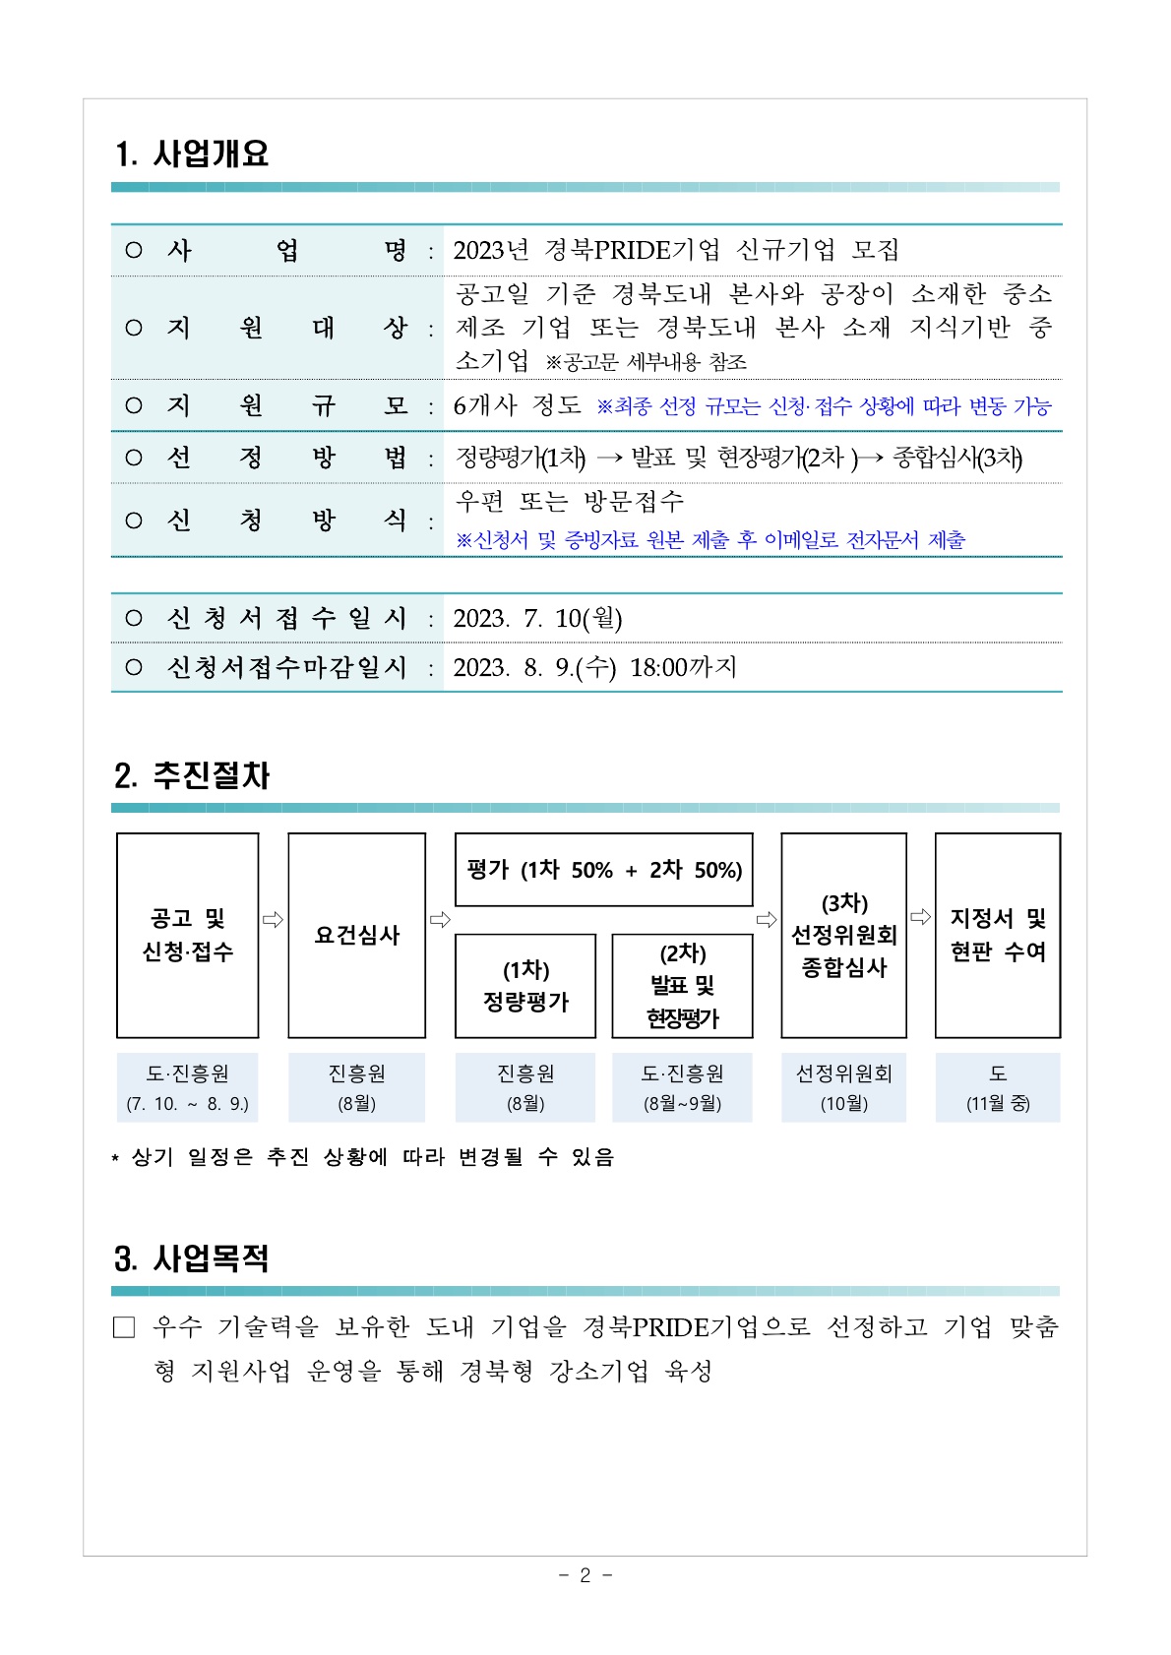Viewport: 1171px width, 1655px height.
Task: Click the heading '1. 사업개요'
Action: [192, 154]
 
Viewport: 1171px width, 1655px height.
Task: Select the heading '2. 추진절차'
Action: [192, 776]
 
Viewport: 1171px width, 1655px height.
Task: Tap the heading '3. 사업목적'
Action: [192, 1259]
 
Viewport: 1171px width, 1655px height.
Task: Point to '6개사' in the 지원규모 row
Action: [484, 405]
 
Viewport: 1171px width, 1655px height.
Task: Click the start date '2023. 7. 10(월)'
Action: [537, 619]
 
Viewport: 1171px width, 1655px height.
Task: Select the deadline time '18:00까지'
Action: [683, 668]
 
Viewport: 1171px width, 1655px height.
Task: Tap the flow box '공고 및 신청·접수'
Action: [187, 935]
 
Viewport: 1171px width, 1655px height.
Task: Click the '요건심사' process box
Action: [356, 935]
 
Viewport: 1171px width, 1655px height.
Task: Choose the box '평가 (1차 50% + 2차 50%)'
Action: [603, 870]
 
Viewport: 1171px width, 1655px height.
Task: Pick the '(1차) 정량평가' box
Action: [525, 986]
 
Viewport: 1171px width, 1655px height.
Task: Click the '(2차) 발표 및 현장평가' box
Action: [682, 986]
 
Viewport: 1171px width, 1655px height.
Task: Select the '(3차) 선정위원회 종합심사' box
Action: [843, 935]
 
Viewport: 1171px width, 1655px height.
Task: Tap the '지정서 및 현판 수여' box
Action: [997, 935]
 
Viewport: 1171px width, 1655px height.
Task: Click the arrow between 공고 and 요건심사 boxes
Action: [273, 920]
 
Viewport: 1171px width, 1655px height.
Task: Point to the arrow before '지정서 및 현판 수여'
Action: [920, 917]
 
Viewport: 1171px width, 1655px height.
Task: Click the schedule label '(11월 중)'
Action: [998, 1104]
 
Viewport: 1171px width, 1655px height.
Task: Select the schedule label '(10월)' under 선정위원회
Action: [844, 1104]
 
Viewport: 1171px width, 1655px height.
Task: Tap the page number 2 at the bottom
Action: [585, 1575]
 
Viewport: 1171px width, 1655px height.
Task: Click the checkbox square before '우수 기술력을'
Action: [124, 1328]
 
